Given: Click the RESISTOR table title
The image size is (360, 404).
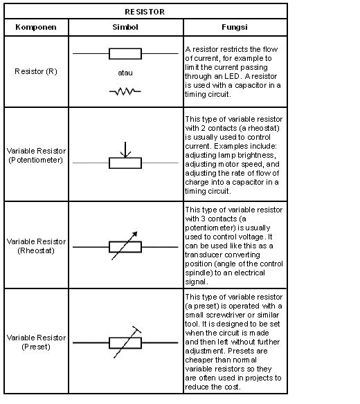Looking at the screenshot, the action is point(145,12).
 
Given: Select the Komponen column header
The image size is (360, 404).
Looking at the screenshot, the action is point(36,27).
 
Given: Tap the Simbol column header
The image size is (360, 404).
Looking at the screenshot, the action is point(125,27).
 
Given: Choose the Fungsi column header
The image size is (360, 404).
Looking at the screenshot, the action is point(235,27).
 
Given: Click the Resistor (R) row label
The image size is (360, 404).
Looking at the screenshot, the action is point(36,71).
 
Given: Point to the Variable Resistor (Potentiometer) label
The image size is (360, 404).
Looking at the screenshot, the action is point(36,156).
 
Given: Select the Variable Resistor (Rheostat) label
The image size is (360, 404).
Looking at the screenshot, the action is point(36,246).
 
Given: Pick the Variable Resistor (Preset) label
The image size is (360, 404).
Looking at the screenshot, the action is point(36,342).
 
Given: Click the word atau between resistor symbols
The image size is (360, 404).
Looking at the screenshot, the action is point(125,73).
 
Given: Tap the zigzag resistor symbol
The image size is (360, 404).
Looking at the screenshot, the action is point(125,91).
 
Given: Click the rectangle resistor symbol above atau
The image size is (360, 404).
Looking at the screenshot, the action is point(125,54).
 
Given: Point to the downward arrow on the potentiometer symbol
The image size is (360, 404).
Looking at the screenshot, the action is point(125,149).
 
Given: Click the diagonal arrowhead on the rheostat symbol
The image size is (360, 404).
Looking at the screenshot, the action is point(134,235).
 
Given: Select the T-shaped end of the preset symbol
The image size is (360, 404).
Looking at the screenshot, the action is point(136,329).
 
